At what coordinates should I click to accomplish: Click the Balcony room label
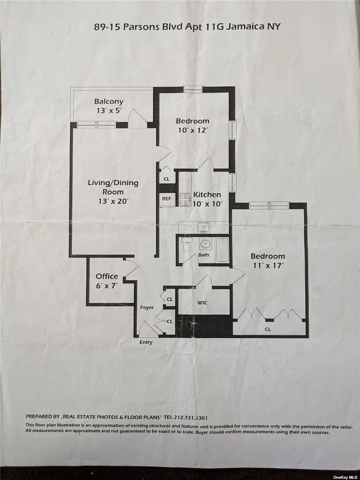109,101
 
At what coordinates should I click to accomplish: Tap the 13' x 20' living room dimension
113,201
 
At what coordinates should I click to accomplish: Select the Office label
107,276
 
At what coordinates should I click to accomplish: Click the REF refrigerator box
166,198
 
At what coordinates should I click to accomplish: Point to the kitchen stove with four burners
185,199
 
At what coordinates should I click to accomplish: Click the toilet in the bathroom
187,245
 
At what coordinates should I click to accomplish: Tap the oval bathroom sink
205,244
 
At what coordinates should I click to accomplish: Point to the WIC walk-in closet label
202,303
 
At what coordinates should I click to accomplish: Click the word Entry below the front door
146,342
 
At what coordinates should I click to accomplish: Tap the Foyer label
147,307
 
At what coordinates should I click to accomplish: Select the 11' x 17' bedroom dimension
268,266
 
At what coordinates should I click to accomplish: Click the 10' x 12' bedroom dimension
193,130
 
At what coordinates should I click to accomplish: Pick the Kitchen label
207,195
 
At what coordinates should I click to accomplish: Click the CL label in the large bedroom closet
268,329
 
